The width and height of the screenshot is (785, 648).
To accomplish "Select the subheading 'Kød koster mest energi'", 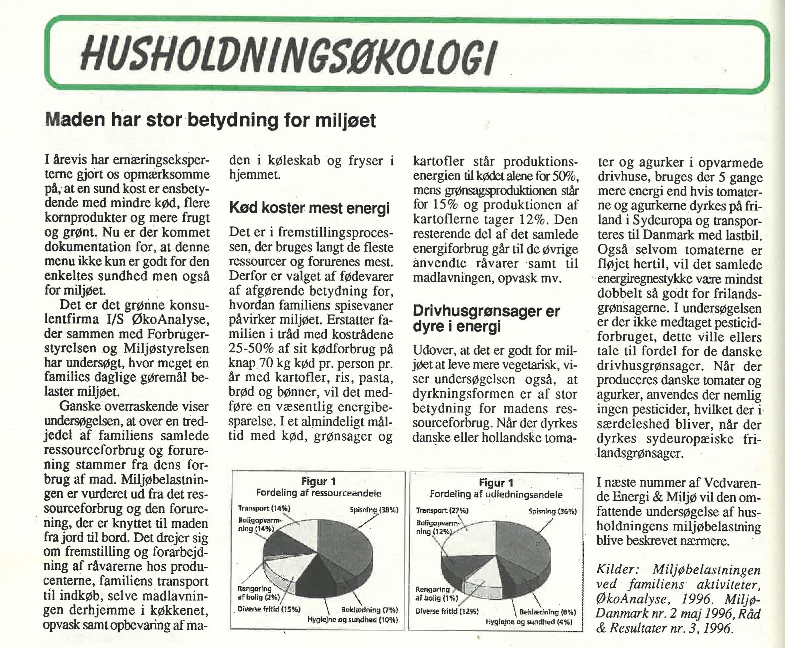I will pos(309,208).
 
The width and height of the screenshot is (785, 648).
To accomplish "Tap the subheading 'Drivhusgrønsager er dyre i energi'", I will pos(486,319).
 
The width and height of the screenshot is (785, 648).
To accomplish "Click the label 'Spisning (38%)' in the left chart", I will pos(374,509).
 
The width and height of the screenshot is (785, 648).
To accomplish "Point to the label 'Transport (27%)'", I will pos(442,510).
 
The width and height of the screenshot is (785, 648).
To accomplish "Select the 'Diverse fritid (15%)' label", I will pos(269,609).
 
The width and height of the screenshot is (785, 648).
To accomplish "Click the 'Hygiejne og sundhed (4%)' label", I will pos(529,621).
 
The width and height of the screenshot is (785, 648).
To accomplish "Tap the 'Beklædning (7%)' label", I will pos(369,609).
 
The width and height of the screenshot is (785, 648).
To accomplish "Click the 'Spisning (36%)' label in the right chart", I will pos(553,511).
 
